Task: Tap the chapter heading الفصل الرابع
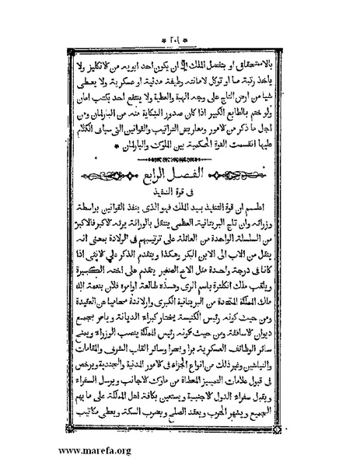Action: pos(181,172)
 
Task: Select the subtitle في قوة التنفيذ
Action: pos(180,191)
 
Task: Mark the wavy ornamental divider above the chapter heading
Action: pos(180,154)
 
